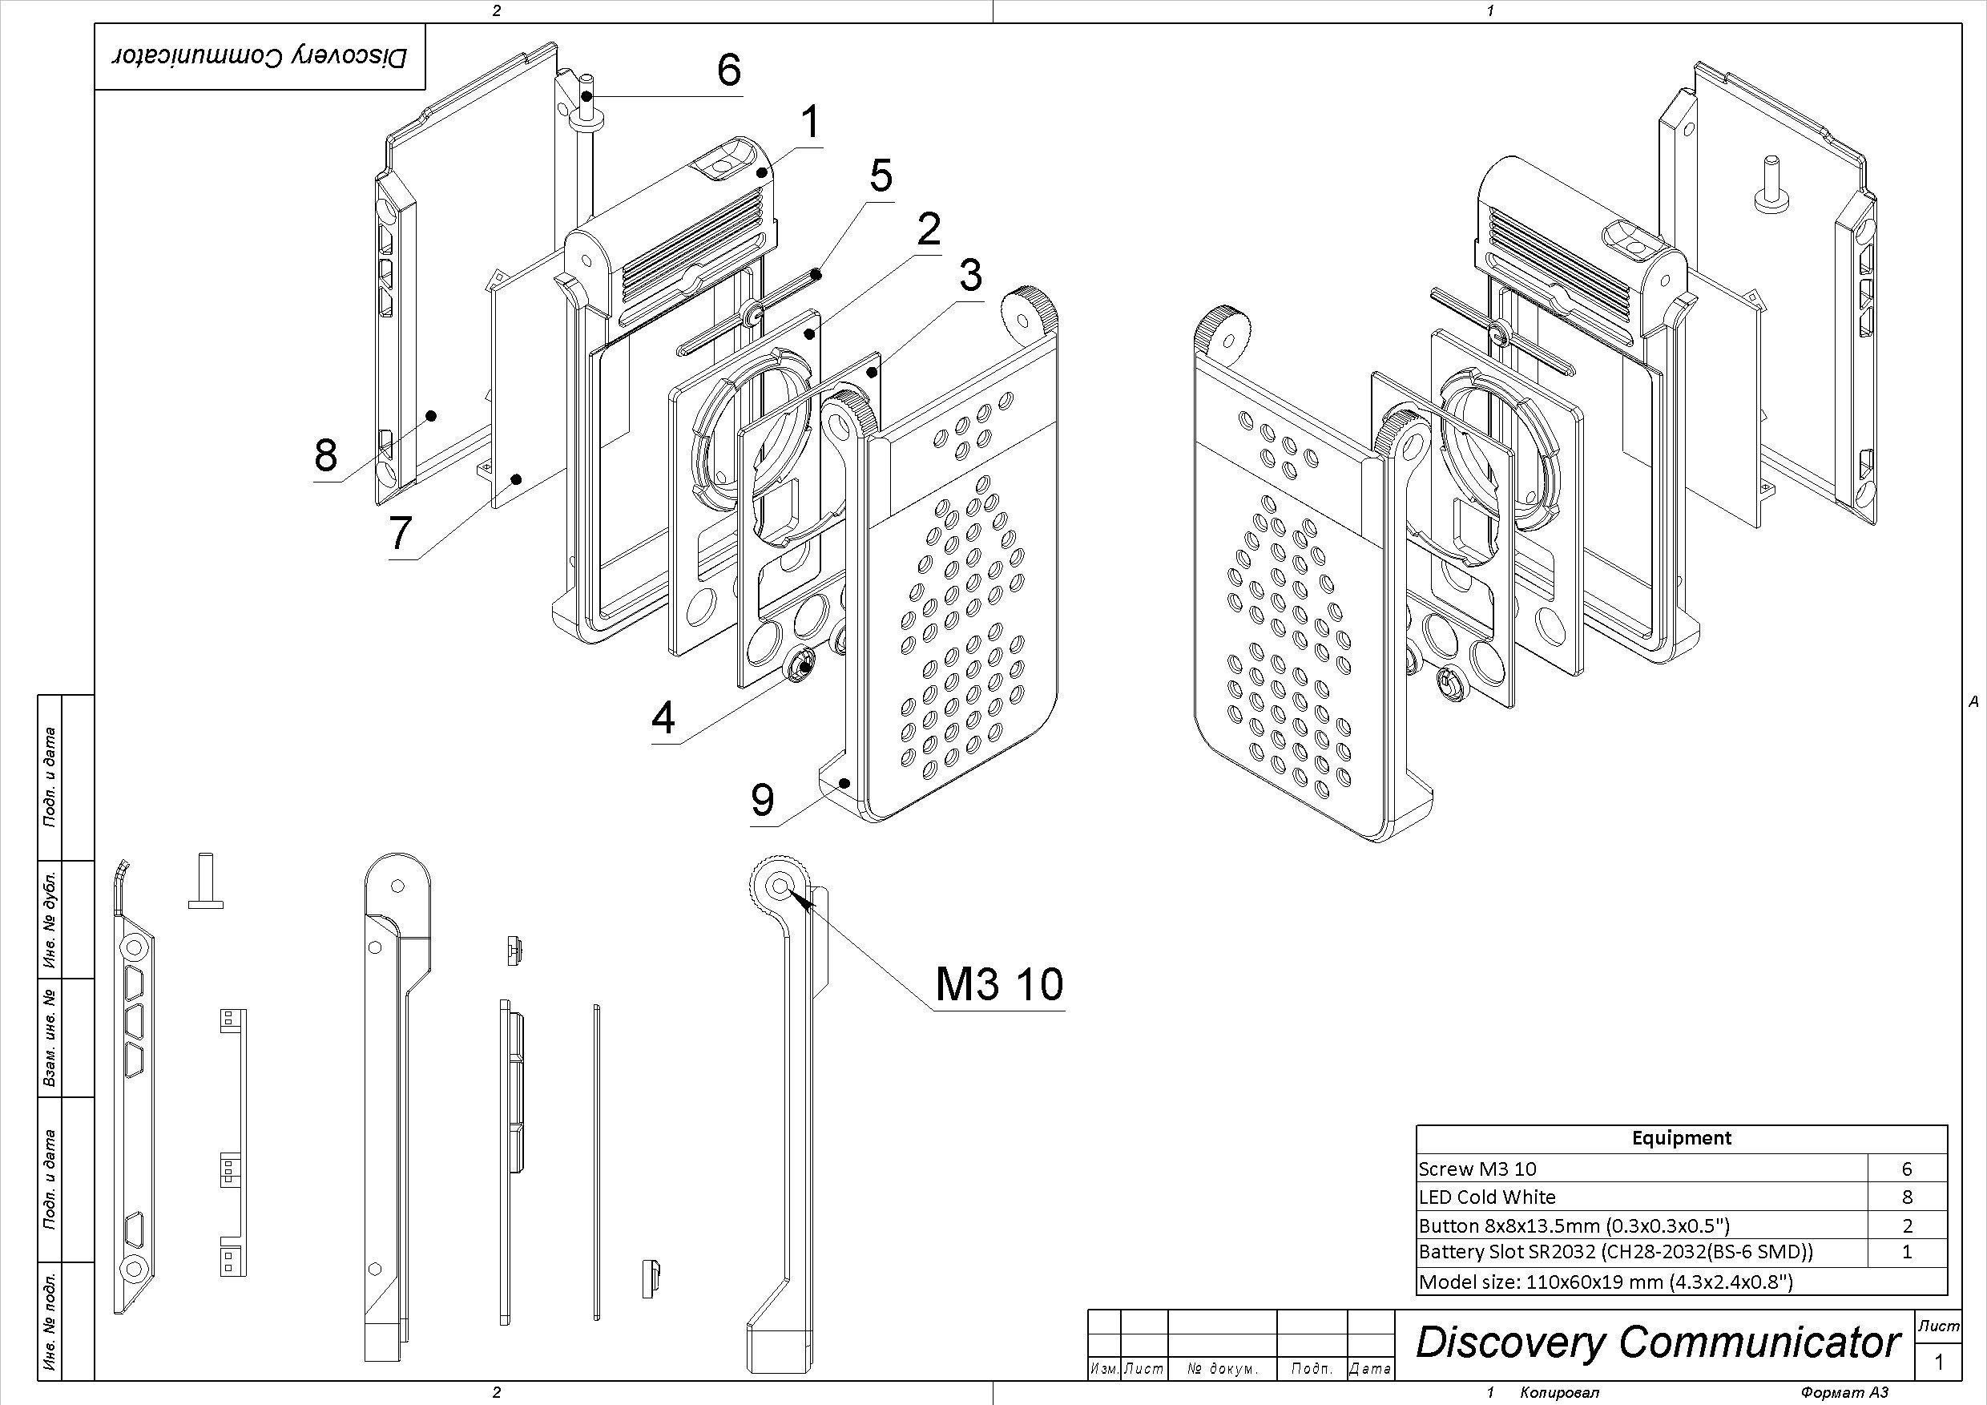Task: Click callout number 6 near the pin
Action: coord(728,69)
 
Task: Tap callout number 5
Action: coord(881,176)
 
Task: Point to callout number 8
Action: coord(325,454)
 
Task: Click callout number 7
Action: coord(399,533)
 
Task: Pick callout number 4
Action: coord(663,718)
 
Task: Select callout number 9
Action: coord(762,800)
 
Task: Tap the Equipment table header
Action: coord(1682,1137)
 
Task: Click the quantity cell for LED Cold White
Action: coord(1907,1197)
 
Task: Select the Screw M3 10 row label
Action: coord(1477,1169)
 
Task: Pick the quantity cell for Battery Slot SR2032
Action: coord(1907,1252)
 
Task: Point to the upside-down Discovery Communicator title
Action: coord(260,57)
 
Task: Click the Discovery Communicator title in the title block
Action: coord(1657,1342)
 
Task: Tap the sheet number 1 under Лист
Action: coord(1939,1362)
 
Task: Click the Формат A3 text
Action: coord(1843,1393)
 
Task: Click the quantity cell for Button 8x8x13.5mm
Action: coord(1907,1225)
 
